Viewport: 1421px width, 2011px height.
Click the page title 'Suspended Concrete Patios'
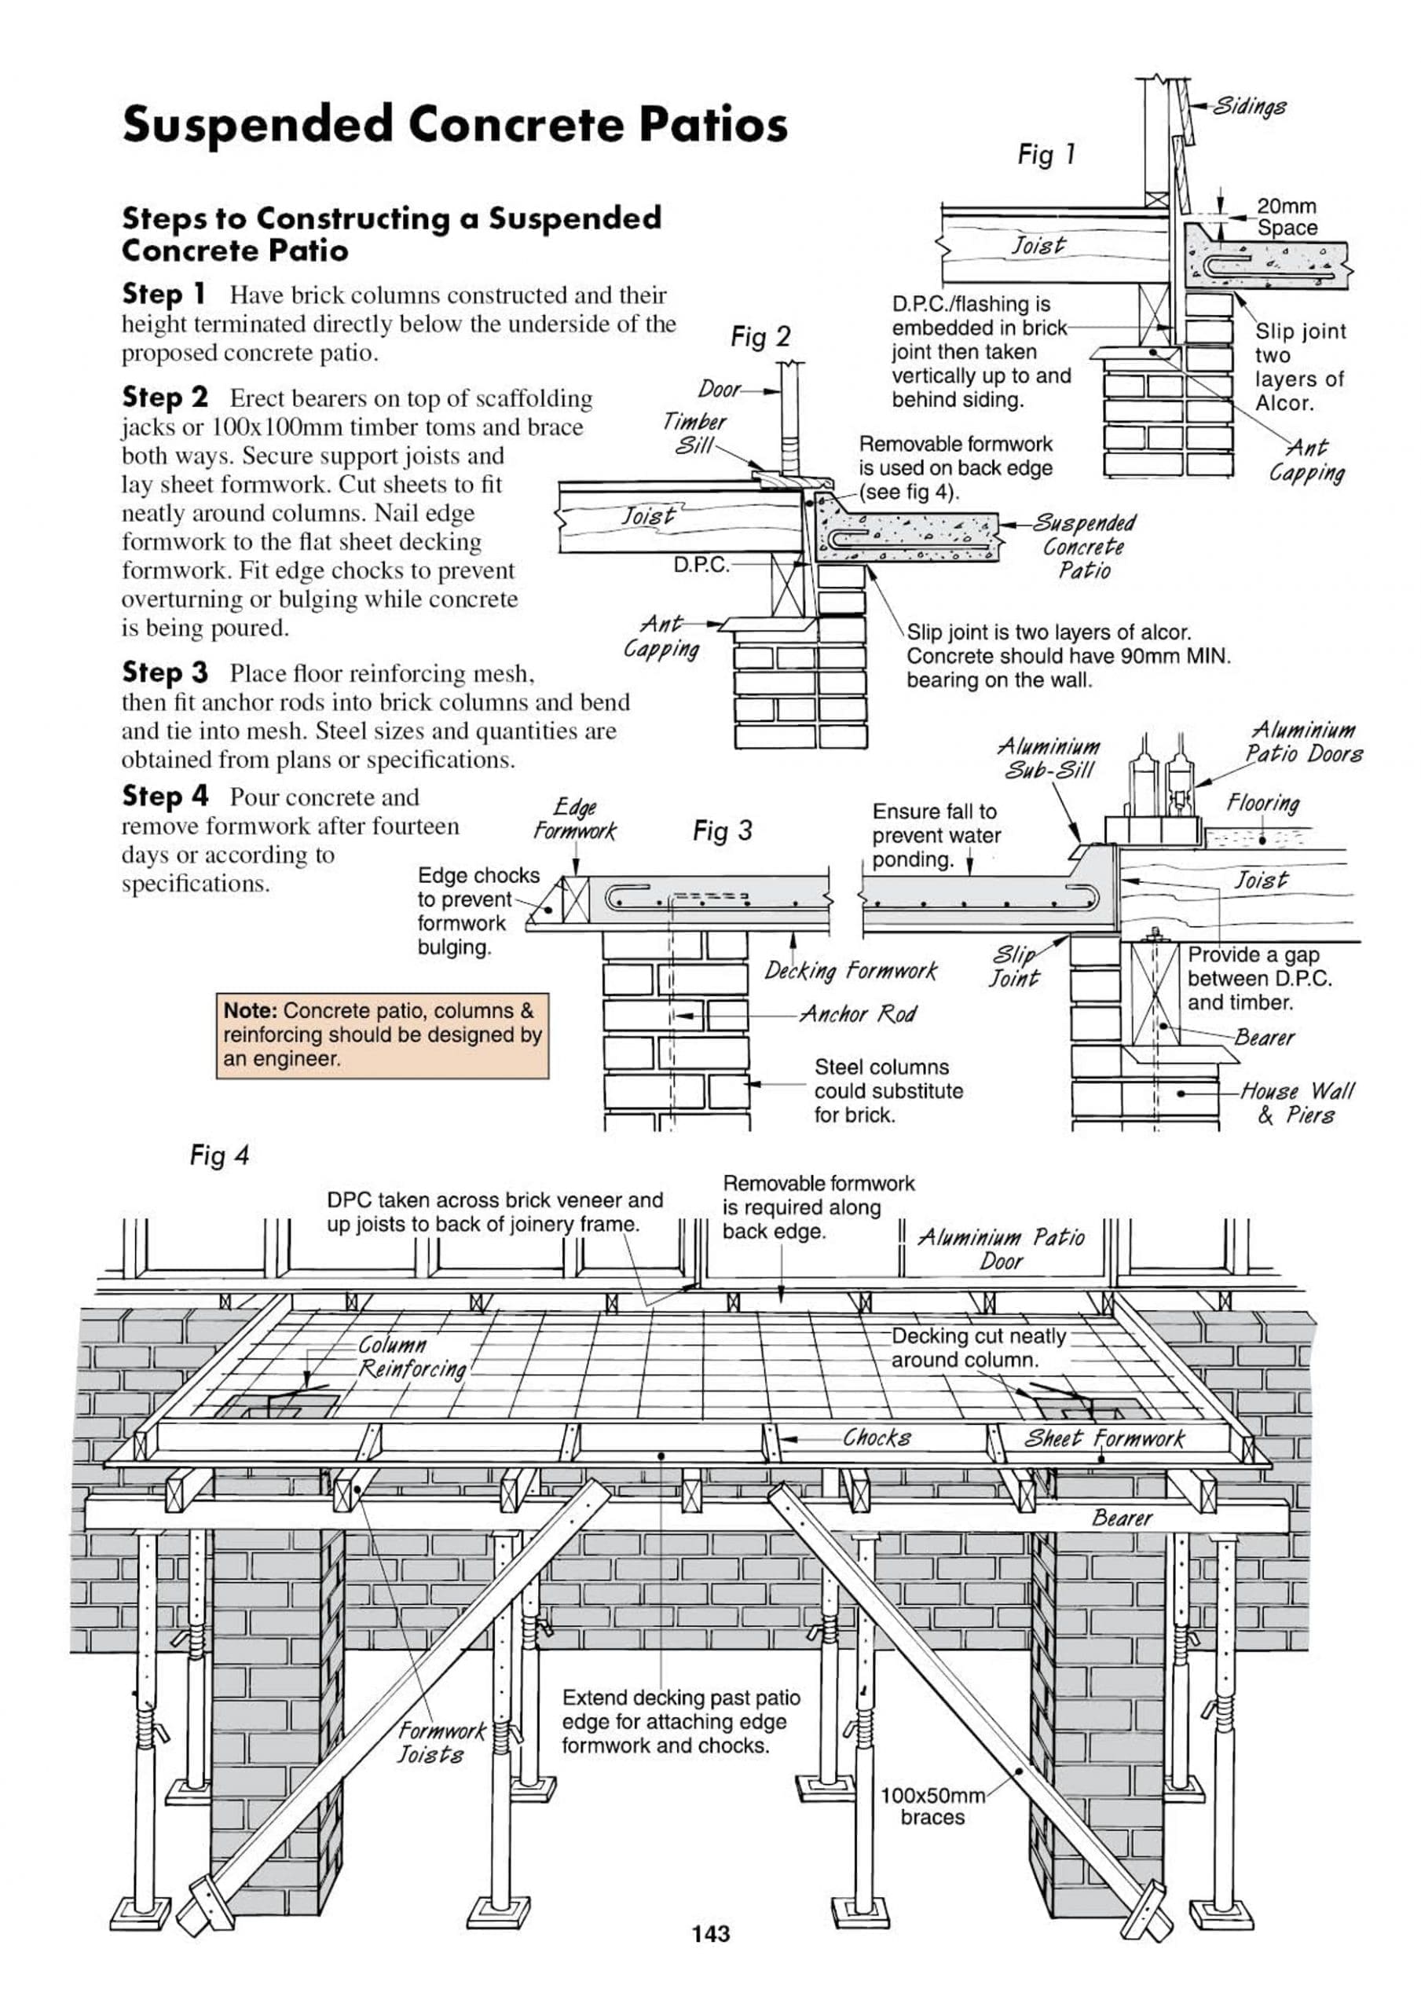[x=455, y=124]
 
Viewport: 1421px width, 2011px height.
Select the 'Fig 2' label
[x=760, y=337]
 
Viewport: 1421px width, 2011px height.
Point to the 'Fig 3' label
[x=722, y=830]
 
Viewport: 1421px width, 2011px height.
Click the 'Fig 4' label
[x=219, y=1156]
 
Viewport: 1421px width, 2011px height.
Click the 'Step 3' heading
[x=165, y=672]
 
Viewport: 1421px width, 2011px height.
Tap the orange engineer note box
[x=382, y=1035]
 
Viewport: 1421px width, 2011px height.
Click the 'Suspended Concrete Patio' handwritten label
[x=1084, y=547]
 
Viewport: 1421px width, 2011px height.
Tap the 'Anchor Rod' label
[x=858, y=1014]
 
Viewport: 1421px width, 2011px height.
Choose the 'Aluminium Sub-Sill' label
[x=1049, y=759]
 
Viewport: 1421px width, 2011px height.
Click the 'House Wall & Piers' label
[x=1297, y=1103]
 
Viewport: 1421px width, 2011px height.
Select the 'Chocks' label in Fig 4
[x=877, y=1438]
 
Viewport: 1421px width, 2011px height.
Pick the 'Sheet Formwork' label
[x=1104, y=1438]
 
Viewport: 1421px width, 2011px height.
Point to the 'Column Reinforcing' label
[x=412, y=1357]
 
